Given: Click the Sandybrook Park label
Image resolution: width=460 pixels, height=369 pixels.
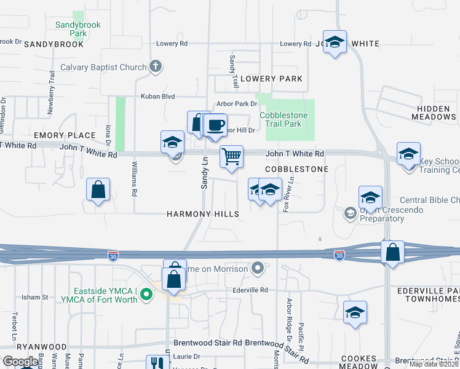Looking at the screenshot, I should tap(77, 29).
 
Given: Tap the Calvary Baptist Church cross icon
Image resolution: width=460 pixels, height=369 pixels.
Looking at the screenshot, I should tap(156, 67).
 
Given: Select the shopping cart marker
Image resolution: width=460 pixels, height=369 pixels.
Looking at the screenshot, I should tap(231, 156).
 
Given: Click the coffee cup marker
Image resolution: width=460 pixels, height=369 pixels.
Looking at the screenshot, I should tap(215, 125).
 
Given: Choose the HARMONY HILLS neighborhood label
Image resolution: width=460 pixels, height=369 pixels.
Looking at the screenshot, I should tap(203, 214).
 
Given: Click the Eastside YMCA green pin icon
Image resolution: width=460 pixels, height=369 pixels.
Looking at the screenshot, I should tap(146, 295).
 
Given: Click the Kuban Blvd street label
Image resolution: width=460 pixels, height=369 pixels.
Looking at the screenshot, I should tap(158, 97).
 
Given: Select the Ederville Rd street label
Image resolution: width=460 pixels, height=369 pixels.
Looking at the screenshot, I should tap(251, 290).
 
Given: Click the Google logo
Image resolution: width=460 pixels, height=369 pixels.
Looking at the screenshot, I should tap(20, 362).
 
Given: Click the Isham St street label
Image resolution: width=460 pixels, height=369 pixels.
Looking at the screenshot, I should tap(36, 297).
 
